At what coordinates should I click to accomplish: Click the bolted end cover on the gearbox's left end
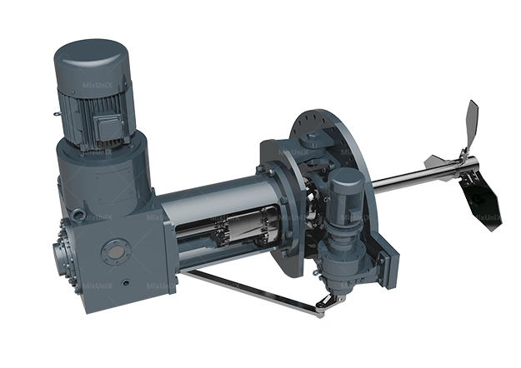pos(65,249)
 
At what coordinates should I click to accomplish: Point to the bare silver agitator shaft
pos(408,172)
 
